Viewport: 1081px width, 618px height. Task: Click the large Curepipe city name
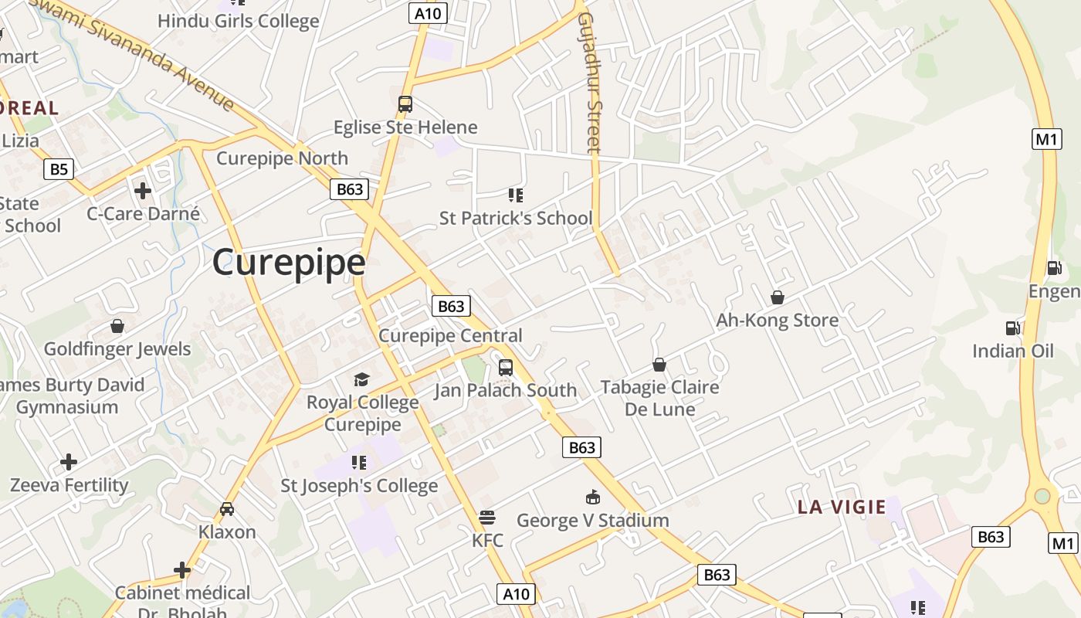tap(289, 263)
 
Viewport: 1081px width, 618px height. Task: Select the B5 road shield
tap(58, 169)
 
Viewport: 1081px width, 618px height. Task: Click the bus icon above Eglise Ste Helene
tap(405, 104)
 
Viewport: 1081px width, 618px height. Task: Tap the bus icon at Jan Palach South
tap(506, 368)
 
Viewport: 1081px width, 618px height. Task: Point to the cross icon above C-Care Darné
tap(143, 190)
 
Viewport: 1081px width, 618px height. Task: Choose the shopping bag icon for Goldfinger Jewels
tap(117, 326)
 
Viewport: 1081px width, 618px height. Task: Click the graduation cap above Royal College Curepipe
tap(361, 379)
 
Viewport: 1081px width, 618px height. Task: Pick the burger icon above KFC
tap(486, 517)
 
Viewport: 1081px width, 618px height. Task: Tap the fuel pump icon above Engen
tap(1054, 268)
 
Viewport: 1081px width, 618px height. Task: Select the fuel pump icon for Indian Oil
tap(1012, 328)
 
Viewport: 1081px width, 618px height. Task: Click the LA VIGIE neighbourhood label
tap(842, 508)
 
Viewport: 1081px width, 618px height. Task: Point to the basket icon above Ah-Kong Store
tap(778, 297)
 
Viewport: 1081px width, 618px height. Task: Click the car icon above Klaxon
tap(227, 509)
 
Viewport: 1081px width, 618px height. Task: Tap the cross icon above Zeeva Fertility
tap(69, 462)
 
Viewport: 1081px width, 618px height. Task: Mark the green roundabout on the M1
tap(1042, 495)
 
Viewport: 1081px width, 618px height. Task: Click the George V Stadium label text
tap(592, 521)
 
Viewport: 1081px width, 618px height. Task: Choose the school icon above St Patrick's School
tap(515, 195)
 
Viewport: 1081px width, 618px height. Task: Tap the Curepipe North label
tap(282, 158)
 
